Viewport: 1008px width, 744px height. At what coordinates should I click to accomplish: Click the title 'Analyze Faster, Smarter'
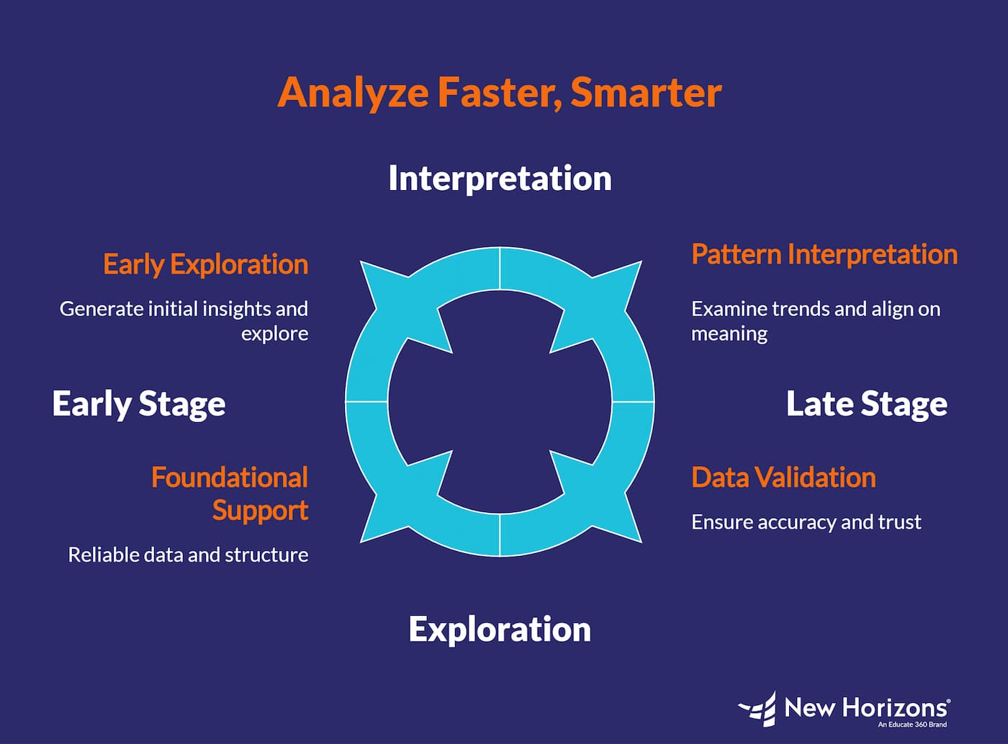pos(499,92)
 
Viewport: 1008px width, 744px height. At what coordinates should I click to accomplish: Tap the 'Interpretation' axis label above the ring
pos(500,179)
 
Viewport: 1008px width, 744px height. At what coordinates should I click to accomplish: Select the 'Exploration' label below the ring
pos(500,629)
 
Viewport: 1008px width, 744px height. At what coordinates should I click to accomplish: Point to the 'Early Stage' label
pos(139,403)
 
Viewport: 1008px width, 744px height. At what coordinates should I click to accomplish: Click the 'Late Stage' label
pos(866,403)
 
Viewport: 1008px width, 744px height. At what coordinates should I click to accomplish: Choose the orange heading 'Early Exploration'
pos(205,264)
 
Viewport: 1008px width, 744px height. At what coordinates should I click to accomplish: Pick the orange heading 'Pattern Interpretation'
pos(824,254)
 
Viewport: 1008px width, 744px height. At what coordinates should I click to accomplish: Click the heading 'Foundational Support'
pos(230,493)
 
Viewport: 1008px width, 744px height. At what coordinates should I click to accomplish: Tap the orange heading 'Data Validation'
pos(783,478)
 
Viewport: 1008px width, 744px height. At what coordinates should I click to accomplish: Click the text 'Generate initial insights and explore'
pos(184,321)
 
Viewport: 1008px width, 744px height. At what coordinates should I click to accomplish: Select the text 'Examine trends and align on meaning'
pos(815,321)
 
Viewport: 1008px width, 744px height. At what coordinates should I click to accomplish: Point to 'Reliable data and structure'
pos(188,555)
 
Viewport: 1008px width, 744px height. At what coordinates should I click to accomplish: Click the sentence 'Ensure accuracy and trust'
pos(806,521)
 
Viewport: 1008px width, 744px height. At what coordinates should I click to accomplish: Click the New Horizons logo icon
pos(757,709)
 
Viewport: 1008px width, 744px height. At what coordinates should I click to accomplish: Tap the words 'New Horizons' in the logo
pos(866,707)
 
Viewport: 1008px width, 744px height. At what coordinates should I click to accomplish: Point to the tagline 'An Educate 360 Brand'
pos(912,725)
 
